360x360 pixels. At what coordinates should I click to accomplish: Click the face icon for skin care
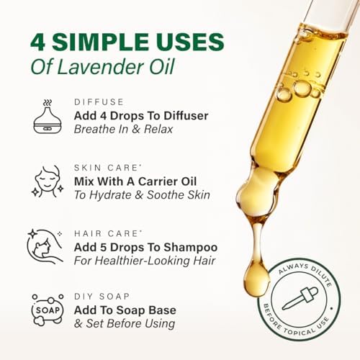click(x=49, y=181)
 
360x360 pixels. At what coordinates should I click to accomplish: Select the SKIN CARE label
click(x=106, y=168)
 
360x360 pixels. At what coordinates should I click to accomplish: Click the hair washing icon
click(x=48, y=246)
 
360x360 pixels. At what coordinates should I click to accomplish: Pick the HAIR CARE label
click(x=106, y=233)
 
